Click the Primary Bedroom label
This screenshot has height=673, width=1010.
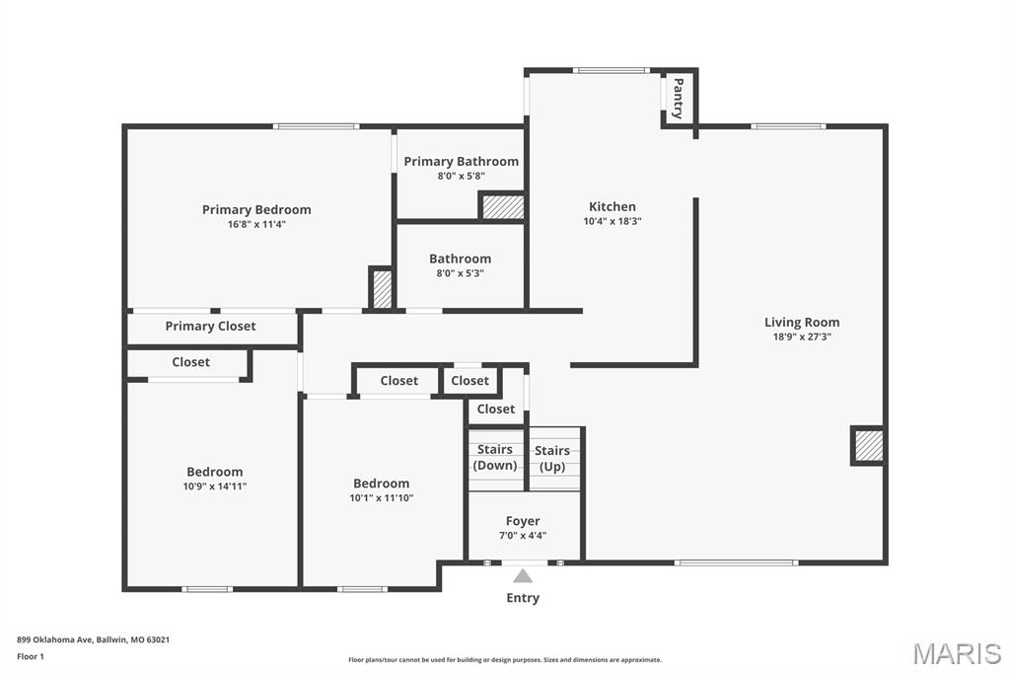click(256, 209)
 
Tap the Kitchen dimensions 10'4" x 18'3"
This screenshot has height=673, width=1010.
click(613, 222)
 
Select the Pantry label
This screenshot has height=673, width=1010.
click(678, 99)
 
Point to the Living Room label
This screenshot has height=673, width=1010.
click(802, 322)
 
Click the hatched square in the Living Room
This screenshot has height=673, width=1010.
click(868, 446)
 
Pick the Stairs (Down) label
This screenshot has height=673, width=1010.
click(495, 458)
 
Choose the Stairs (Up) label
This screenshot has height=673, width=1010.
click(552, 459)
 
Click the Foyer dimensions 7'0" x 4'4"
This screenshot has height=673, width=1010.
click(523, 536)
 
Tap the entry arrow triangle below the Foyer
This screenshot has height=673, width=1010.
click(523, 576)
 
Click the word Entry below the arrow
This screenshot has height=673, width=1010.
click(523, 598)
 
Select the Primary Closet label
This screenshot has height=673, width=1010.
click(210, 327)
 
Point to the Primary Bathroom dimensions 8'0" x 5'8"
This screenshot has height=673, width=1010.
click(461, 177)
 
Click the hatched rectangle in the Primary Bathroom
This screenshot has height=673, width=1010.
click(502, 207)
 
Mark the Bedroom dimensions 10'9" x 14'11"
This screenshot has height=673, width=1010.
click(215, 486)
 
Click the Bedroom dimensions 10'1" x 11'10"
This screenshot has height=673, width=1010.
click(381, 498)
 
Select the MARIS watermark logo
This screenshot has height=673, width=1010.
click(956, 653)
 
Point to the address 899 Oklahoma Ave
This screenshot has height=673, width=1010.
click(93, 639)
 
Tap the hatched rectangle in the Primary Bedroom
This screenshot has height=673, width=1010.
click(381, 288)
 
